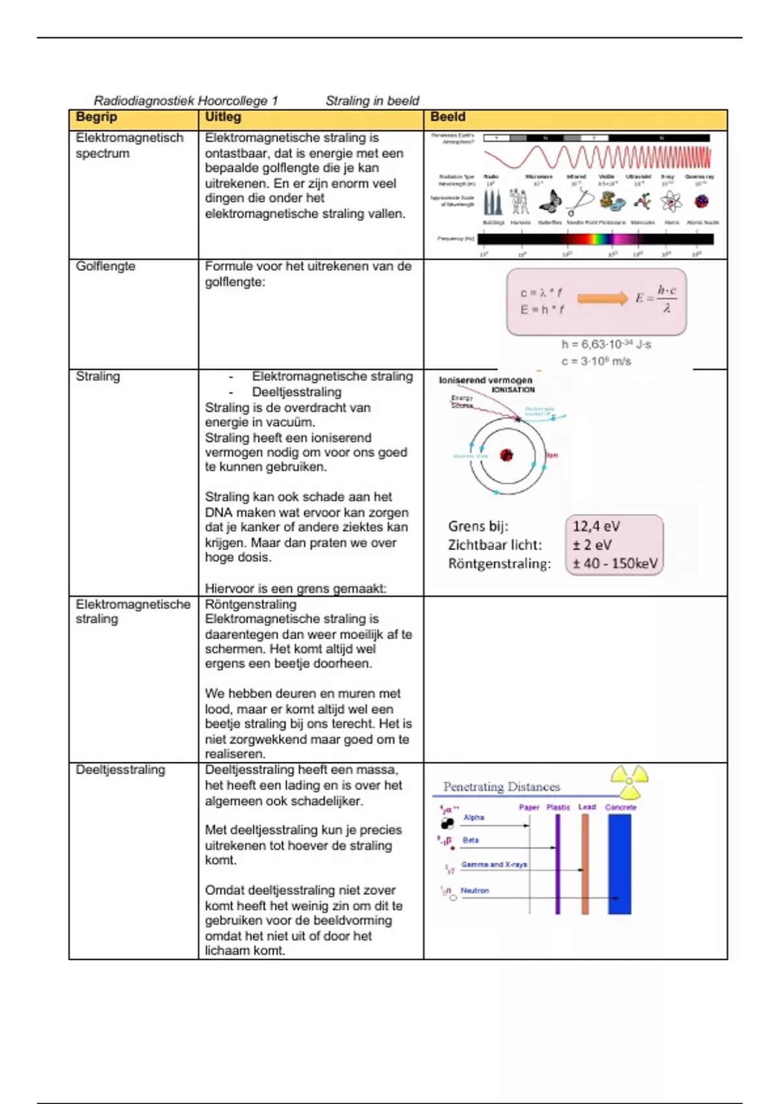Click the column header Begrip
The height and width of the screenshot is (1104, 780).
(96, 117)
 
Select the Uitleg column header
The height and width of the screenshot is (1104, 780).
(223, 117)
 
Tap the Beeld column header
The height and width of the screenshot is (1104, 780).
(447, 117)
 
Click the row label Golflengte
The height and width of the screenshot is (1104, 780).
(105, 266)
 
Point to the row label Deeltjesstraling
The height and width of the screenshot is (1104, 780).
(120, 770)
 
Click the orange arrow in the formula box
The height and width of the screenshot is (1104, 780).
(603, 298)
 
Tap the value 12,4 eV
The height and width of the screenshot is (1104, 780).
(596, 526)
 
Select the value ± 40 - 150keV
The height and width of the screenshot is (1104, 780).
(615, 564)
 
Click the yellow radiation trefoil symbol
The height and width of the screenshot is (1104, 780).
(629, 781)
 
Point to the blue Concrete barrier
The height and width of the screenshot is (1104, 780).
(619, 864)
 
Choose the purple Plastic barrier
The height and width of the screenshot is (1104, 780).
(558, 864)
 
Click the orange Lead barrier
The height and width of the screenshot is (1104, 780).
(585, 864)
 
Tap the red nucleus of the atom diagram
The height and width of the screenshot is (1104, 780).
(506, 455)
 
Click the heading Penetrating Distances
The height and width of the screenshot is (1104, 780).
(501, 787)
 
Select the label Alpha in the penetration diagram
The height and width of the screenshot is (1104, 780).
(474, 818)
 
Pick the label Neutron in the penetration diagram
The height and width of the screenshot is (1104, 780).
(474, 891)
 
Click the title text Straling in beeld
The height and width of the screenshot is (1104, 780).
(372, 101)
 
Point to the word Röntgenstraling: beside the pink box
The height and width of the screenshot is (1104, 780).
(499, 564)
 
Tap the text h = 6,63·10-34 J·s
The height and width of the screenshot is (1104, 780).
(606, 344)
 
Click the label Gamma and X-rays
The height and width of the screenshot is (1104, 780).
(494, 865)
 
